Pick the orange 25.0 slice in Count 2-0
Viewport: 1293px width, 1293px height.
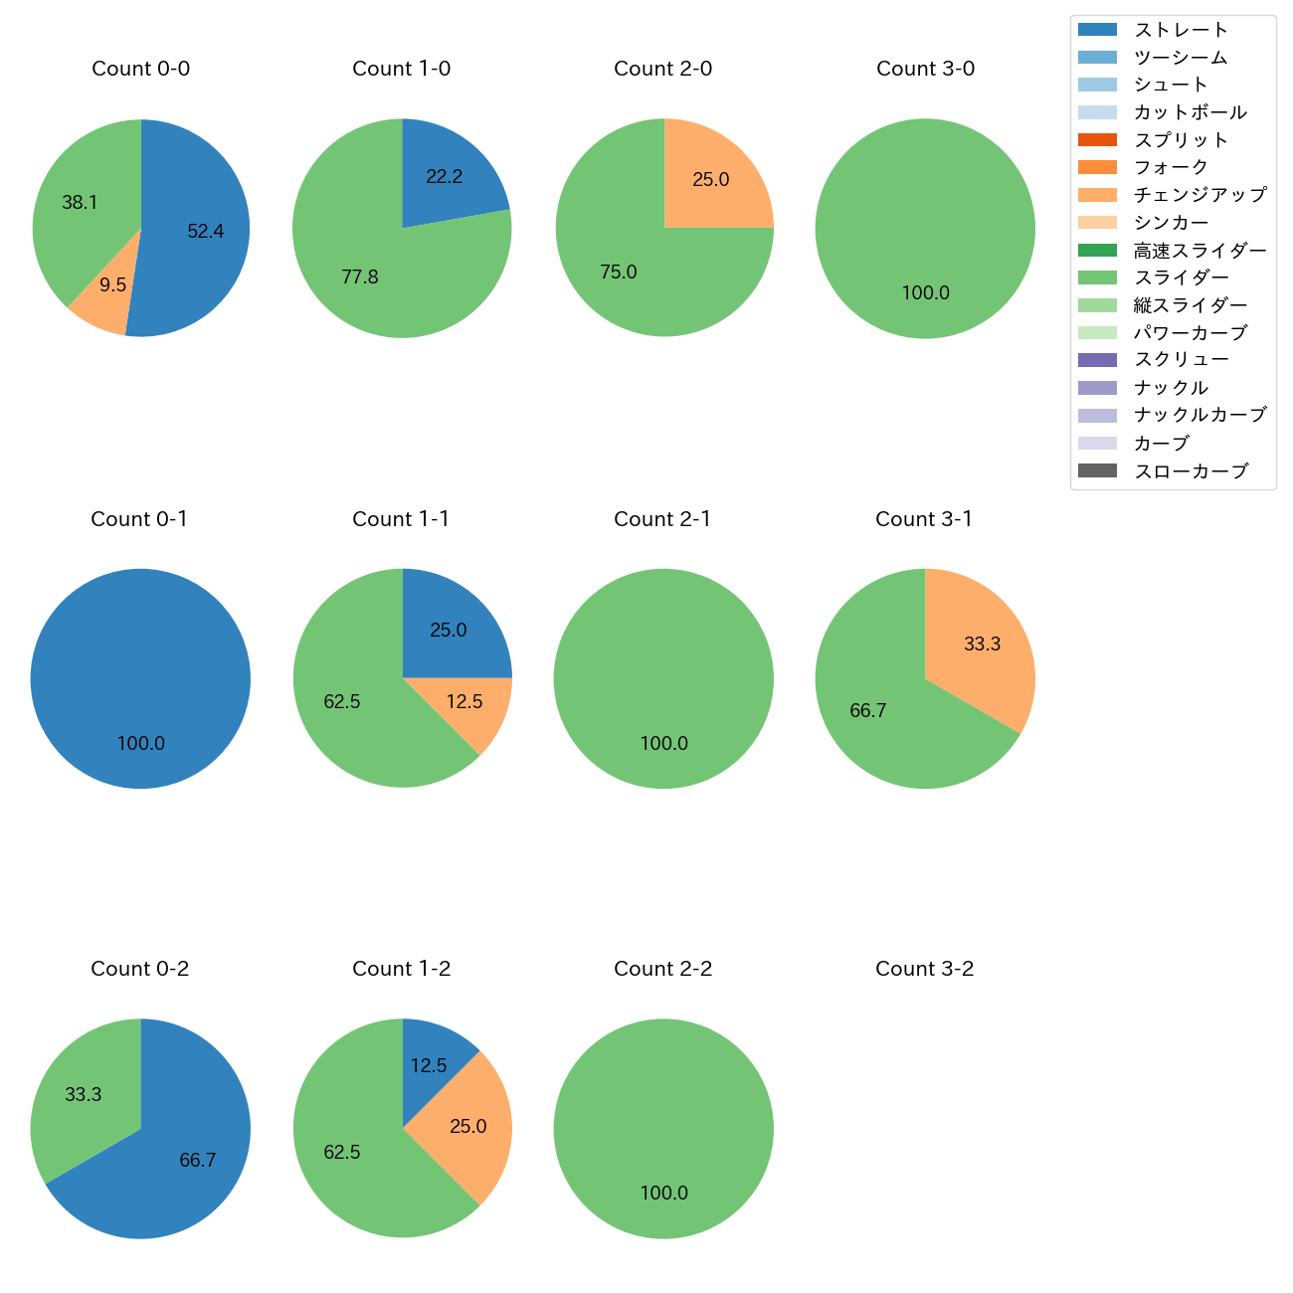[712, 181]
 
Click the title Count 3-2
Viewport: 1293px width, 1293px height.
[924, 969]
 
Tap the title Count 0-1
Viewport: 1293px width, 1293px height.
[139, 519]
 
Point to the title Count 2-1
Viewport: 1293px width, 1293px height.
[662, 519]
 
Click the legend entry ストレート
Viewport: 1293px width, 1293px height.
[1181, 30]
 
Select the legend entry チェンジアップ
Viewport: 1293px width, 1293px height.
[1200, 195]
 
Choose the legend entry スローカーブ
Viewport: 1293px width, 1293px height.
[1191, 471]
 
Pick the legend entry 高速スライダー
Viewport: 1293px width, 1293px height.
[1200, 251]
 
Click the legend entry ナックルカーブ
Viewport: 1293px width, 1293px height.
[1200, 415]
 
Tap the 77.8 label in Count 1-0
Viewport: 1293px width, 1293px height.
[360, 277]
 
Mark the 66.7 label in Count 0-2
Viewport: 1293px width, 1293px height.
[198, 1161]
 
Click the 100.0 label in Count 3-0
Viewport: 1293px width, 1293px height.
[926, 293]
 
